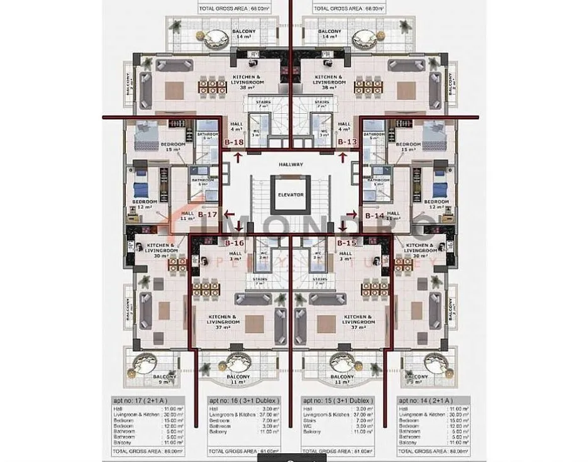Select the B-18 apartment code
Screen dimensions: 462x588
click(234, 143)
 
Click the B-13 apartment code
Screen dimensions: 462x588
click(348, 143)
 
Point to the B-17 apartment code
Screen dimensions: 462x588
click(208, 216)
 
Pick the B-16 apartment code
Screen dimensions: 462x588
click(234, 242)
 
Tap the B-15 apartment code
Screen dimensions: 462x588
click(347, 242)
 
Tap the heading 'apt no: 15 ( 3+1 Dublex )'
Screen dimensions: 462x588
click(338, 400)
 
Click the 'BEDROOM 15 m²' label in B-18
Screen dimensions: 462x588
click(173, 147)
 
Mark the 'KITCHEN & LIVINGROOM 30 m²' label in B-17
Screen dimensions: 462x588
click(160, 250)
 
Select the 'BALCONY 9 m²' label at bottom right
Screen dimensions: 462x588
click(432, 379)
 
